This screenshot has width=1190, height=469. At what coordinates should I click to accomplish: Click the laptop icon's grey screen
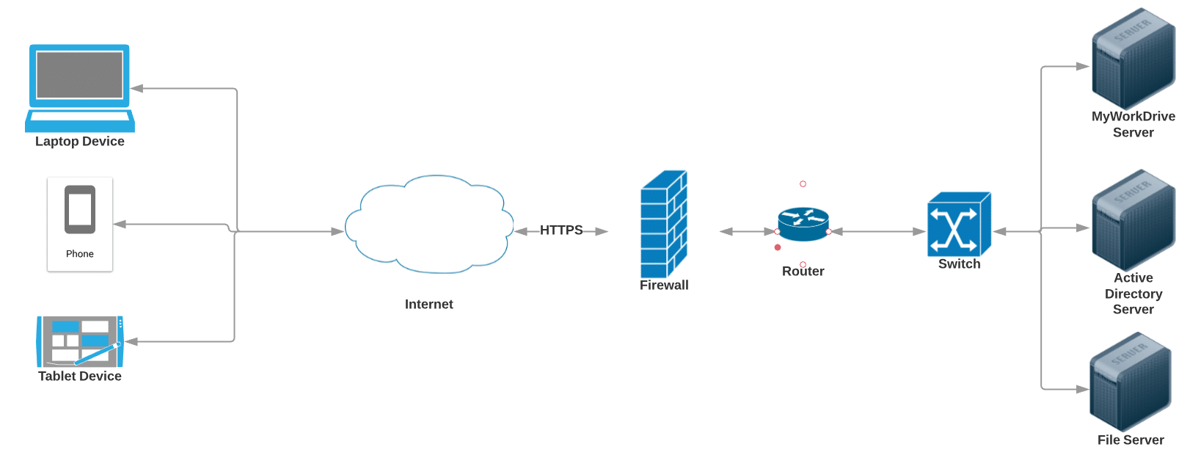(80, 75)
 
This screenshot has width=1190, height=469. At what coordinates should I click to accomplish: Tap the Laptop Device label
(80, 142)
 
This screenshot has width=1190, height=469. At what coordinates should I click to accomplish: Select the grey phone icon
(80, 210)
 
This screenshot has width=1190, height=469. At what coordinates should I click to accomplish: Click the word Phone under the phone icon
(80, 254)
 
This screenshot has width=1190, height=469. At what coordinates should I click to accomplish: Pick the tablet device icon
(80, 341)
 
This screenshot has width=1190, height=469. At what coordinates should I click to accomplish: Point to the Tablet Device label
(80, 377)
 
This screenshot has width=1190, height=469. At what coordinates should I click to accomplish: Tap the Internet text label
(429, 305)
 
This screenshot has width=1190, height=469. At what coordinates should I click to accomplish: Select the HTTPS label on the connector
(561, 230)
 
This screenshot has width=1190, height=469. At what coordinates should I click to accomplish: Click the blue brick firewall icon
(664, 224)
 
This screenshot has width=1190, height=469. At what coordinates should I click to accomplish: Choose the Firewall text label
(664, 286)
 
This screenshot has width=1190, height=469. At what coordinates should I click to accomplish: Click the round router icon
(803, 224)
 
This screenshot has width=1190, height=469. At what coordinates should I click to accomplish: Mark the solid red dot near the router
(778, 247)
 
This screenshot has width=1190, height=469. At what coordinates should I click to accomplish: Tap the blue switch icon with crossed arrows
(959, 224)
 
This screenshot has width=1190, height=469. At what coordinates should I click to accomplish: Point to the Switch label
(959, 264)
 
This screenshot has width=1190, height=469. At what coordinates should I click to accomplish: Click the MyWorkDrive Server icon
(1134, 59)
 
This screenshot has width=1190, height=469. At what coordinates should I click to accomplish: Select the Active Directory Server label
(1134, 294)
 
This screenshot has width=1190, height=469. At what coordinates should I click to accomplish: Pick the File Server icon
(1130, 382)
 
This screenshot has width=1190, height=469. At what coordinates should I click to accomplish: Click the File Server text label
(1131, 440)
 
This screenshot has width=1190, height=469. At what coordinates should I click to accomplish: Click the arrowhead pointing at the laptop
(137, 89)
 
